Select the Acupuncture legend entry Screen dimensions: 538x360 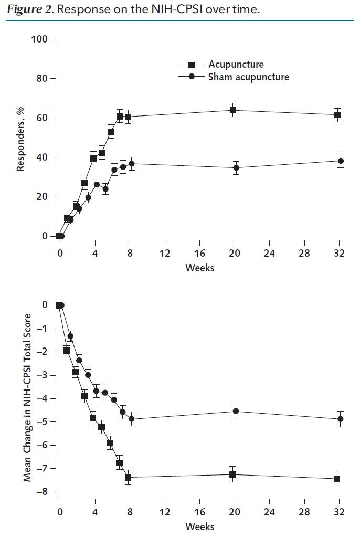click(236, 65)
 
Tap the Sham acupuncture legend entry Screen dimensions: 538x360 click(248, 77)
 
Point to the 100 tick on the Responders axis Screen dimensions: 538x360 click(40, 39)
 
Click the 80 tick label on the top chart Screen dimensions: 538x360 click(42, 79)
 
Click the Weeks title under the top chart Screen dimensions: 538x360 click(200, 268)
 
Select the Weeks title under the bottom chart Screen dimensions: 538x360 click(200, 526)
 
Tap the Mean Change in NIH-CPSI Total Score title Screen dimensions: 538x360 click(27, 398)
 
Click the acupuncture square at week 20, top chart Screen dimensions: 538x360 click(233, 110)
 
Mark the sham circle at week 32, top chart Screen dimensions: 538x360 click(341, 161)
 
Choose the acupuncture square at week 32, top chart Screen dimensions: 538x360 click(337, 115)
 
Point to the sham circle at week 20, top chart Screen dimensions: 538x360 click(236, 168)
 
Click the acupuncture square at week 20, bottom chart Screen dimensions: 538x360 click(232, 474)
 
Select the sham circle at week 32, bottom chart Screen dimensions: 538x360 click(341, 419)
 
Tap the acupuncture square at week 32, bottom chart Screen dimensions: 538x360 click(337, 479)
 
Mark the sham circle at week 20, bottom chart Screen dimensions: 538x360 click(236, 411)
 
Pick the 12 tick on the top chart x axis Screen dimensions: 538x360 click(165, 253)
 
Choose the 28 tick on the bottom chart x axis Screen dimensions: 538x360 click(304, 512)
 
